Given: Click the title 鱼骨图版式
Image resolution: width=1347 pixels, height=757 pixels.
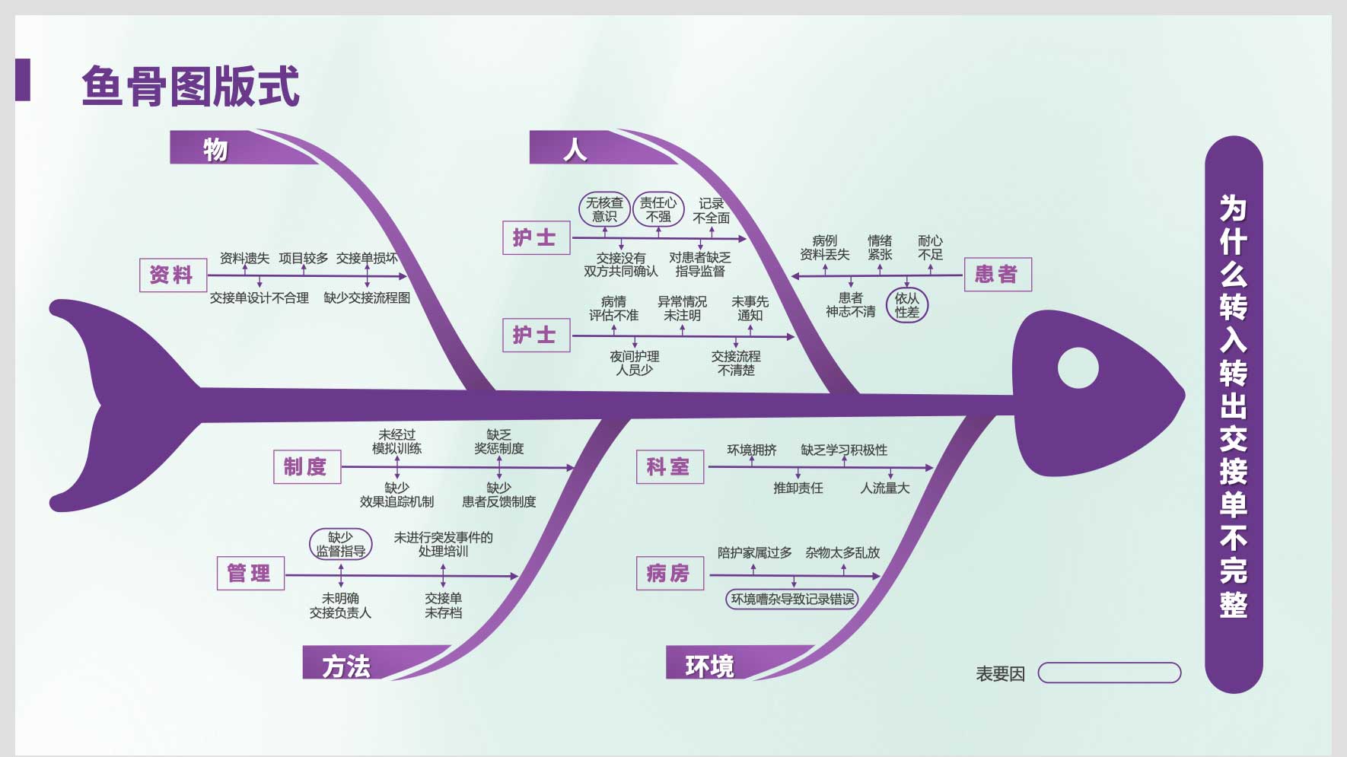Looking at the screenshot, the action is tap(190, 86).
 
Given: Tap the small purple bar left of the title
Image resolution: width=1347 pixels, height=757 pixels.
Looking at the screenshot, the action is tap(23, 80).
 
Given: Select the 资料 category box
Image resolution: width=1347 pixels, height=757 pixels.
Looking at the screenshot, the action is tap(172, 275).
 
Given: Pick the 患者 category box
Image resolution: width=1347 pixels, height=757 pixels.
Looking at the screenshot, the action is tap(997, 274).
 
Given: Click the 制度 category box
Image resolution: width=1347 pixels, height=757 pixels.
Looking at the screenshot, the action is tap(306, 466).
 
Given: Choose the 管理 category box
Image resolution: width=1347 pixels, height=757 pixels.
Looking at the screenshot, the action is tap(250, 573).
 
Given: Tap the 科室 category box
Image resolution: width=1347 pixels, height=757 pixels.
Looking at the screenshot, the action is tap(669, 466).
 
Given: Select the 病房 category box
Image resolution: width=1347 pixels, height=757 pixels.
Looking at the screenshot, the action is tap(669, 573).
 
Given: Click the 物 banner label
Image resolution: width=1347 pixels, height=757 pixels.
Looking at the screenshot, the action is tap(215, 149).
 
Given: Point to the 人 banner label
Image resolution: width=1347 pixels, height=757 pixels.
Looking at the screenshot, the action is tap(575, 149).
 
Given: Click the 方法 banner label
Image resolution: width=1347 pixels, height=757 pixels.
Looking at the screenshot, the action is tap(346, 666).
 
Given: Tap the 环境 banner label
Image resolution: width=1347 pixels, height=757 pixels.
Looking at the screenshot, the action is tap(709, 666).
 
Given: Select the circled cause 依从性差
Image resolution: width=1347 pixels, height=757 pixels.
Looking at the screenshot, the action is tap(907, 305).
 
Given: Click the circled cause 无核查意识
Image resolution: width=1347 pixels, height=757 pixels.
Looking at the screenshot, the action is tap(604, 209).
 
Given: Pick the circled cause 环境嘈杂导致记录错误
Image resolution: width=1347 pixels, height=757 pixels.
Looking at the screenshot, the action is tap(792, 599).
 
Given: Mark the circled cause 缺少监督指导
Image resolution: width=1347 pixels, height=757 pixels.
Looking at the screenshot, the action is tap(341, 544).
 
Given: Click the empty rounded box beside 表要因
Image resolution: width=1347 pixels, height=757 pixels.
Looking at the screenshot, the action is tap(1110, 673).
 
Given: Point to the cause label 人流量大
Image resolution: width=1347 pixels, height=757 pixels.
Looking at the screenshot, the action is tap(884, 488).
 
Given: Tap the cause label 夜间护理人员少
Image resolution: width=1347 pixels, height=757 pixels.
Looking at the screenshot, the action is tap(635, 363).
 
